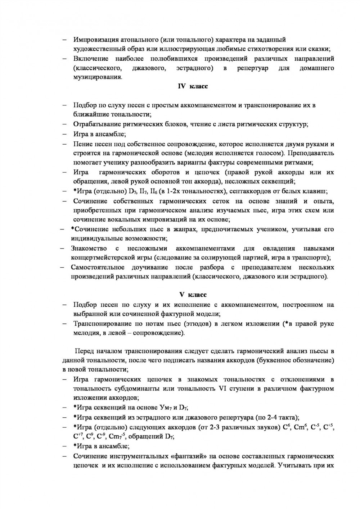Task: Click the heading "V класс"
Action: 193,295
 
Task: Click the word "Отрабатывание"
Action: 96,124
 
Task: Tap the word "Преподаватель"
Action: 312,153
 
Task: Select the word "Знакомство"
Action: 89,248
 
